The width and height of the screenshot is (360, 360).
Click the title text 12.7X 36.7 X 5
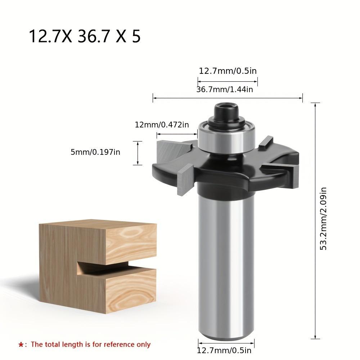tap(85, 36)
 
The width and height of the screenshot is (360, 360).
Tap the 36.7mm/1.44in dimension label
tap(225, 89)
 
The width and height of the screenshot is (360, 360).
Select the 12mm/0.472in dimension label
tap(162, 125)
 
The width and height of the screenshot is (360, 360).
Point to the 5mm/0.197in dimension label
tap(95, 152)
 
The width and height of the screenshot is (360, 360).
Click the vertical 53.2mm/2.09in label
tap(323, 219)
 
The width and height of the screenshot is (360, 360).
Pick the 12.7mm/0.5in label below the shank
tap(224, 351)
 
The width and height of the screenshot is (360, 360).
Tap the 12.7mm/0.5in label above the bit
tap(228, 71)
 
